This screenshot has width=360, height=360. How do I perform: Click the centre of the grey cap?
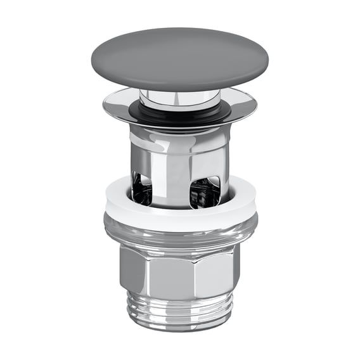coord(179,58)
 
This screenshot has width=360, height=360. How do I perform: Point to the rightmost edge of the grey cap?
coord(267,58)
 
